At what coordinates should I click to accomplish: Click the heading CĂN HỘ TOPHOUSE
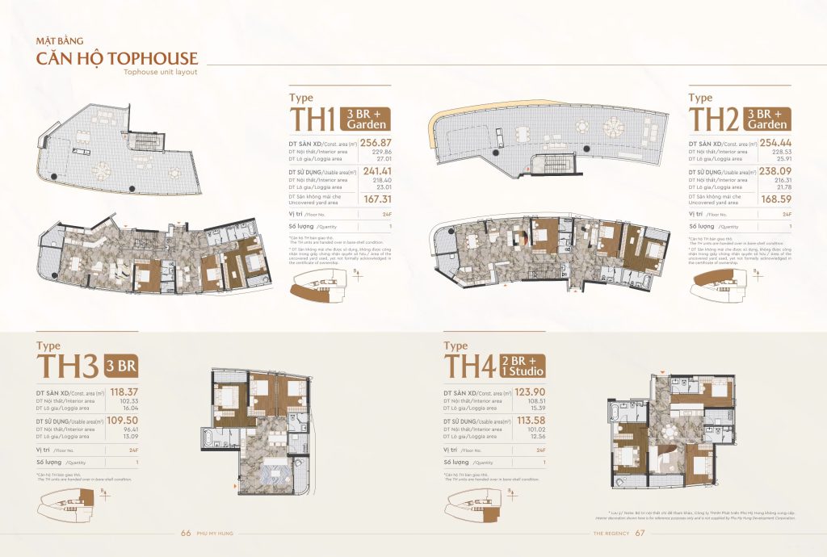(x=115, y=58)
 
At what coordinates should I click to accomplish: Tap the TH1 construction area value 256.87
(x=376, y=142)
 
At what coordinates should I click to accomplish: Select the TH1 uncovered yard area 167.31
(x=377, y=199)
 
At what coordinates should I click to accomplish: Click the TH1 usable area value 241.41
(x=376, y=170)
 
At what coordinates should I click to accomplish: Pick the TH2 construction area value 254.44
(x=775, y=142)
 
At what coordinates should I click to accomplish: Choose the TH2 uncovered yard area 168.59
(x=775, y=199)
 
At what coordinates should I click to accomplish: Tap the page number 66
(x=185, y=533)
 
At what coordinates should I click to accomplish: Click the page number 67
(x=639, y=533)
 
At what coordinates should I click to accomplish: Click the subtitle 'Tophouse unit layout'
(x=160, y=73)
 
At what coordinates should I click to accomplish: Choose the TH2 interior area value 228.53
(x=780, y=151)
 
